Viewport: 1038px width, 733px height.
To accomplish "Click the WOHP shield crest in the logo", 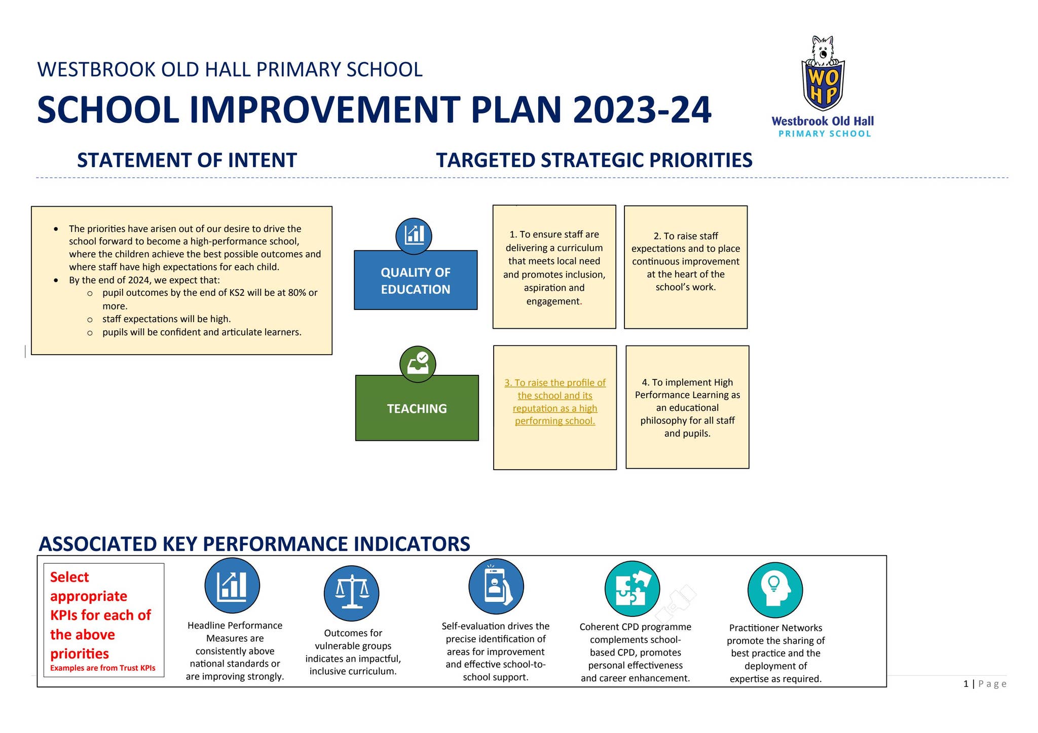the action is coord(823,85).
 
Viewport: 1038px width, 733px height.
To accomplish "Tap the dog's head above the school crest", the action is coord(823,50).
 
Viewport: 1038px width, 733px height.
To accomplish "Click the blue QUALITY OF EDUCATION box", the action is coord(416,280).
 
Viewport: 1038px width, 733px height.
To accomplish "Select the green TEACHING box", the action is coord(417,408).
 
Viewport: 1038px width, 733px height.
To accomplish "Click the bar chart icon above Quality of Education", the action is coord(414,236).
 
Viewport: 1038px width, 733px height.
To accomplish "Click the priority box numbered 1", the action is coord(554,267).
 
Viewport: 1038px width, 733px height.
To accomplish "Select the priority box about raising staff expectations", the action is coord(686,267).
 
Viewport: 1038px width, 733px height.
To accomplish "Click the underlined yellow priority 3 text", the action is coord(555,402).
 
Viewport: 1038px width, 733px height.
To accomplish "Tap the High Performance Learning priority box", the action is coord(687,407).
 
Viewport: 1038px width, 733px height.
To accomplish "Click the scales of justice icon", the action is coord(351,593).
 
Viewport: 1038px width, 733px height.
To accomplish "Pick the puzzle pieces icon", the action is coord(632,589).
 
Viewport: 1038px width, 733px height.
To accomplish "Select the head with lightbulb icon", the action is coord(775,590).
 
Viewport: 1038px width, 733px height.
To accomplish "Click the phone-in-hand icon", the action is coord(496,587).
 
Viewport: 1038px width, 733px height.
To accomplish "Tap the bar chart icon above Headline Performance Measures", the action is coord(232,586).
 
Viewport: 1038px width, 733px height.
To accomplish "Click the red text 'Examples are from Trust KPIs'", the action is coord(103,668).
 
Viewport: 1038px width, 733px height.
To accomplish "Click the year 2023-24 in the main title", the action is coord(642,110).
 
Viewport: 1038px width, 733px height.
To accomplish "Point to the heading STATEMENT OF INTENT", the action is coord(187,160).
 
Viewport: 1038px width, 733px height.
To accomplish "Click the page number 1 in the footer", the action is coord(966,684).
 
